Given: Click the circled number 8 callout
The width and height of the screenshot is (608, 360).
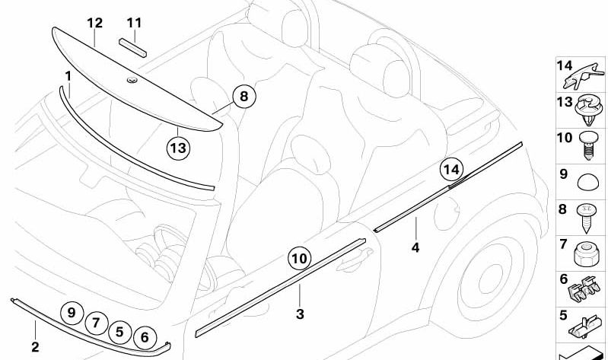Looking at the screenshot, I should pos(244,97).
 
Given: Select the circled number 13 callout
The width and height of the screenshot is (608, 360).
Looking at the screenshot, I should pos(177,147).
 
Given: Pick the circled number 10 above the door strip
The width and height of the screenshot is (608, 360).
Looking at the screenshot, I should pos(299,260).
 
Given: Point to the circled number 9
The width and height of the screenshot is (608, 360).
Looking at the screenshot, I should pos(72,313).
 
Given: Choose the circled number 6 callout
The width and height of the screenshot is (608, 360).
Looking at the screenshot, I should pos(145,335).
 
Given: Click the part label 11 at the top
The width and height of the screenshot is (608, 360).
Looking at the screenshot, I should pos(134,23).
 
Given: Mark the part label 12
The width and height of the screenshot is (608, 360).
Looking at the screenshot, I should pos(94,23).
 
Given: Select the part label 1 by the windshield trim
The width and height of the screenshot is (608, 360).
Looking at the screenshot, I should pos(68,76).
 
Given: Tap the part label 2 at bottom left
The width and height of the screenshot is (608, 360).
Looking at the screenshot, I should pos(35,347).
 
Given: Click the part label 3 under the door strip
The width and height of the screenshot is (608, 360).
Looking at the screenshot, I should pos(300,314).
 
